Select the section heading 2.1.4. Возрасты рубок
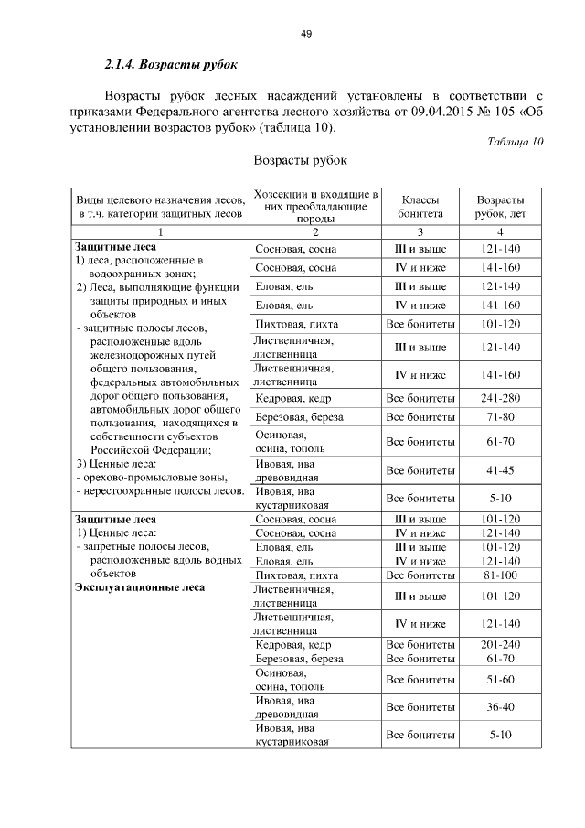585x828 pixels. [170, 66]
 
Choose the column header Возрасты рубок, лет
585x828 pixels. [500, 207]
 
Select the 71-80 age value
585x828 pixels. [500, 417]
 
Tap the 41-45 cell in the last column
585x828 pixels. [500, 470]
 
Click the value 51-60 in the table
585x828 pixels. [500, 680]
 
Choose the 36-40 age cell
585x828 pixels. [500, 707]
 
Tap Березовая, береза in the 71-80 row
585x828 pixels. [300, 417]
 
